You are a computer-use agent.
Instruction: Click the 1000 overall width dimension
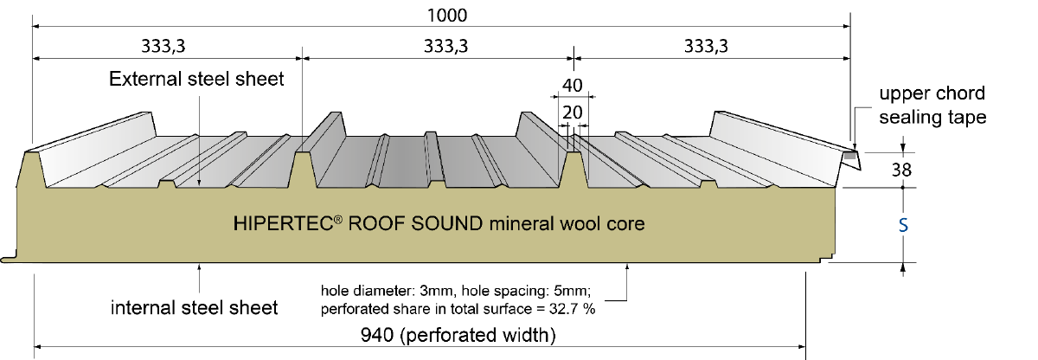click(446, 16)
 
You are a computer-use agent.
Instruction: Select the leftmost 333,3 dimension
click(163, 47)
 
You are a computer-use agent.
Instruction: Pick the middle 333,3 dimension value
click(445, 47)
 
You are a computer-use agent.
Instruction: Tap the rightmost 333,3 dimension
click(706, 47)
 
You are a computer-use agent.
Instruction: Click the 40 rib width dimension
click(573, 86)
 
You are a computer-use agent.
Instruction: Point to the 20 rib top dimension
click(573, 112)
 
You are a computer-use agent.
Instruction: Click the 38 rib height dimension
click(901, 170)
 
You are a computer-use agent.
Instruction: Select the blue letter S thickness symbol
click(903, 226)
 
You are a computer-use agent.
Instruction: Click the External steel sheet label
click(196, 80)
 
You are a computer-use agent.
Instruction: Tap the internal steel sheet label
click(194, 308)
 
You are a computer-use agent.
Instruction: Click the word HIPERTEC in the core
click(283, 224)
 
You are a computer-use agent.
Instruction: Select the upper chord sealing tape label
click(932, 106)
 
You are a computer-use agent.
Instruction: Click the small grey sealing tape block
click(849, 157)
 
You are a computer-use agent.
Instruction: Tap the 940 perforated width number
click(377, 335)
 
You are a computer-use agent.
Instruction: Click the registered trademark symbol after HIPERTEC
click(338, 219)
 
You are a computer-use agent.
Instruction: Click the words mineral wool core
click(567, 224)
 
